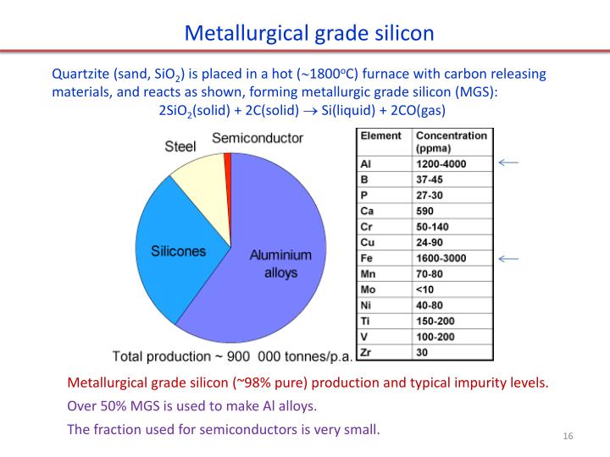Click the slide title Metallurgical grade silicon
tap(309, 33)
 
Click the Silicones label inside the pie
tap(179, 251)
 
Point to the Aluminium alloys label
tap(280, 263)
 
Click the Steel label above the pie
tap(180, 146)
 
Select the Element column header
tap(381, 135)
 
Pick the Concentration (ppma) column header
tap(451, 141)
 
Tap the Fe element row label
tap(368, 258)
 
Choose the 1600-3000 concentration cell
tap(441, 258)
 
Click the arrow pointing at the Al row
tap(508, 162)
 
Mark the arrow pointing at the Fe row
tap(508, 258)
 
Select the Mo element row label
tap(369, 289)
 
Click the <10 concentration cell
tap(425, 289)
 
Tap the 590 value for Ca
tap(426, 211)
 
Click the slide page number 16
tap(568, 436)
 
